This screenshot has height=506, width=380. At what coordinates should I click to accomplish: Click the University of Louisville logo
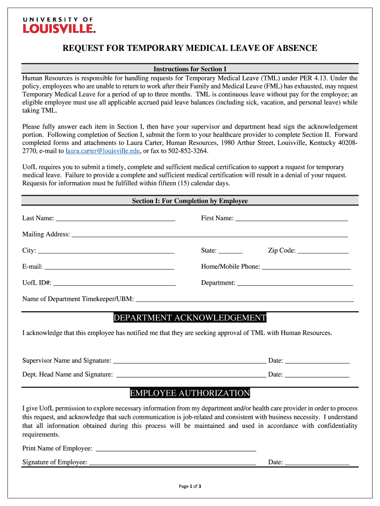[58, 25]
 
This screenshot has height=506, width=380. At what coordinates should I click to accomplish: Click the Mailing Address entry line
[210, 235]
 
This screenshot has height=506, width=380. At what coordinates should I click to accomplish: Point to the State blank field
[230, 251]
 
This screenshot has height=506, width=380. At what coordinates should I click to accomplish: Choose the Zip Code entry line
[323, 251]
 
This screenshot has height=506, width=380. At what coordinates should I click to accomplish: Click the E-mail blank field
[109, 267]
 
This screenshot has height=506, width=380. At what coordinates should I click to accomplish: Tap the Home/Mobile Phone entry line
[306, 267]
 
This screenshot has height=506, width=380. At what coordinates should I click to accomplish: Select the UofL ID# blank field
[114, 284]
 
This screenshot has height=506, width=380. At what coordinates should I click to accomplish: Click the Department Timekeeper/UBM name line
[245, 299]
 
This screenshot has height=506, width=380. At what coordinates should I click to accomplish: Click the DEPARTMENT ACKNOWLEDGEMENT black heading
[190, 318]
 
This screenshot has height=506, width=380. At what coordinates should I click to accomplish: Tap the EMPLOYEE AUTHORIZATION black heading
[190, 393]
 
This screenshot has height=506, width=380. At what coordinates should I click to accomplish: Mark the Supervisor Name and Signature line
[190, 361]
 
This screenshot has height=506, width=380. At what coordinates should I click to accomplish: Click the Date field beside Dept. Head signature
[317, 375]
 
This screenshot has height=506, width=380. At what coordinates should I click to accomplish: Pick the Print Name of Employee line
[175, 449]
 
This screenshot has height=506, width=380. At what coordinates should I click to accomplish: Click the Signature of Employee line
[172, 463]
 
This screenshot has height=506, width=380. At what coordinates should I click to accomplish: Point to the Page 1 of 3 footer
[190, 486]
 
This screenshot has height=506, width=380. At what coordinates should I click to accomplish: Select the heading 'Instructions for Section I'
[190, 69]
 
